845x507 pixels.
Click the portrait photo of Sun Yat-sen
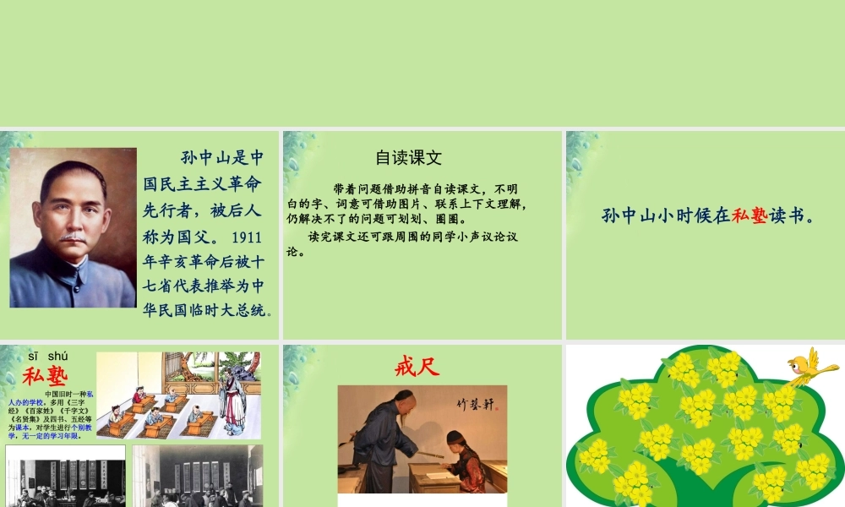pyautogui.click(x=73, y=227)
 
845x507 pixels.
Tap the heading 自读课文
pyautogui.click(x=408, y=157)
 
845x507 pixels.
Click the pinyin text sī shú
pyautogui.click(x=47, y=356)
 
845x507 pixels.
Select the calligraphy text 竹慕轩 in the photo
pyautogui.click(x=474, y=405)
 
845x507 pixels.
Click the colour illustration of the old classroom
pyautogui.click(x=178, y=395)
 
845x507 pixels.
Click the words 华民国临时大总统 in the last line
pyautogui.click(x=204, y=309)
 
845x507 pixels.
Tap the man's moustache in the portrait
pyautogui.click(x=73, y=237)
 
